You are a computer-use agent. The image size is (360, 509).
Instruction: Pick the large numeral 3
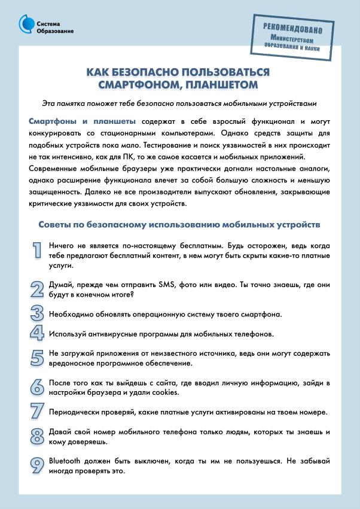37,313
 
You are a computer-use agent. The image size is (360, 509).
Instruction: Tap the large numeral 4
37,333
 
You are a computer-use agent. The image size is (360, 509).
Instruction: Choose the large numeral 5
37,357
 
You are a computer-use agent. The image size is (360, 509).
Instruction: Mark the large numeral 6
37,386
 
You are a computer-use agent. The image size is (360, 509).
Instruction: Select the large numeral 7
37,412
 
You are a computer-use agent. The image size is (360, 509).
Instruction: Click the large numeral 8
37,436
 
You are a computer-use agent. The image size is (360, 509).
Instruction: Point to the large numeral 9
37,465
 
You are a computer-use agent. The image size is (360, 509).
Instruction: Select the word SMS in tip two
169,284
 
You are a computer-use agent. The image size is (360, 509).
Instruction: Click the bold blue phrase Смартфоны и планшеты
83,121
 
